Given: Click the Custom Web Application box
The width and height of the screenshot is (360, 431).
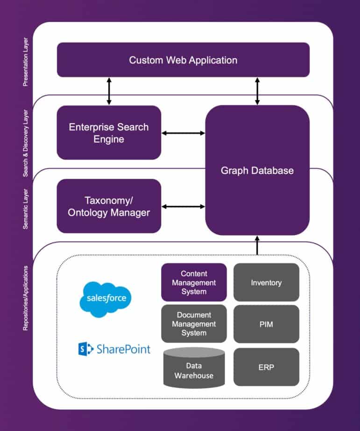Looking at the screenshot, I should click(x=183, y=60).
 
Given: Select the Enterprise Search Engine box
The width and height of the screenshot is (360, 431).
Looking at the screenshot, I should click(x=109, y=132).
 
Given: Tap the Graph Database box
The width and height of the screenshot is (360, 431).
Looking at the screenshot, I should click(x=257, y=170).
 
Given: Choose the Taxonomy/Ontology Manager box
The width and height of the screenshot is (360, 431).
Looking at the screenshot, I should click(x=109, y=206).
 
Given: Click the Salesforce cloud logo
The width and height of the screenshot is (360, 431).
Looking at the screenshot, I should click(x=106, y=298).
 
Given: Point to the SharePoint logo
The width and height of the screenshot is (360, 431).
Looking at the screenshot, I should click(x=114, y=348).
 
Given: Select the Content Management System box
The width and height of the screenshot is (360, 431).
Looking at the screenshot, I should click(x=194, y=282).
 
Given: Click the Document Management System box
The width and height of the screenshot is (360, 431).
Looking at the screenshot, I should click(x=194, y=324).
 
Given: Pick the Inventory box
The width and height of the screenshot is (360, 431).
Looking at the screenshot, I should click(x=266, y=282).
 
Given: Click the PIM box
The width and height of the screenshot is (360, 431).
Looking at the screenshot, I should click(x=266, y=324).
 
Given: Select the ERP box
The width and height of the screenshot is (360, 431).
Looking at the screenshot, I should click(x=266, y=367).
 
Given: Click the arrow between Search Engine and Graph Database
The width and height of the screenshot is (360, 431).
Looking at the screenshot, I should click(x=183, y=133).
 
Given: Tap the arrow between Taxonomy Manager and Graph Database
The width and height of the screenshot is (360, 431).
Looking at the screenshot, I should click(x=183, y=206).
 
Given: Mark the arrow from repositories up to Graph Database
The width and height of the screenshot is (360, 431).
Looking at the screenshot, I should click(x=257, y=245).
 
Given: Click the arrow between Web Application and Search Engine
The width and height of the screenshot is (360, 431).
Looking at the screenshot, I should click(x=109, y=91).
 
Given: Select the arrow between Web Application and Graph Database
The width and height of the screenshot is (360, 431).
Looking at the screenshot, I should click(x=257, y=91).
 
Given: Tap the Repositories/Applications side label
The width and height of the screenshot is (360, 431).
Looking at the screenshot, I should click(x=26, y=299).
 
